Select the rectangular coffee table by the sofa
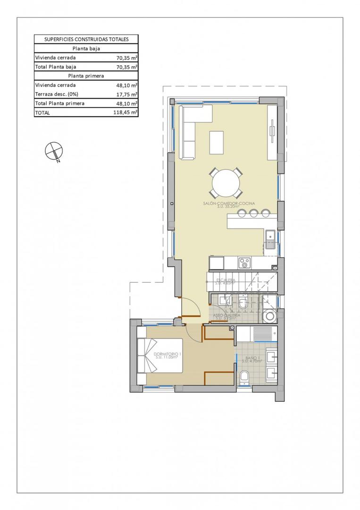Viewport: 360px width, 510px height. coord(217,142)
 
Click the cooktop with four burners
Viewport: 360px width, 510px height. coord(245,262)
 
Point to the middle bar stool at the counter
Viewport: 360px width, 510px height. coord(254,213)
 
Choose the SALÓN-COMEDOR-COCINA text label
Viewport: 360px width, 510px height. coord(229,204)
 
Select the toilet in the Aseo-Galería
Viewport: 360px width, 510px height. coord(243,303)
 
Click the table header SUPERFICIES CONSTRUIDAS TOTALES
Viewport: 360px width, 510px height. coord(86,39)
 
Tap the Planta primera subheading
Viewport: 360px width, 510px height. coord(86,76)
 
